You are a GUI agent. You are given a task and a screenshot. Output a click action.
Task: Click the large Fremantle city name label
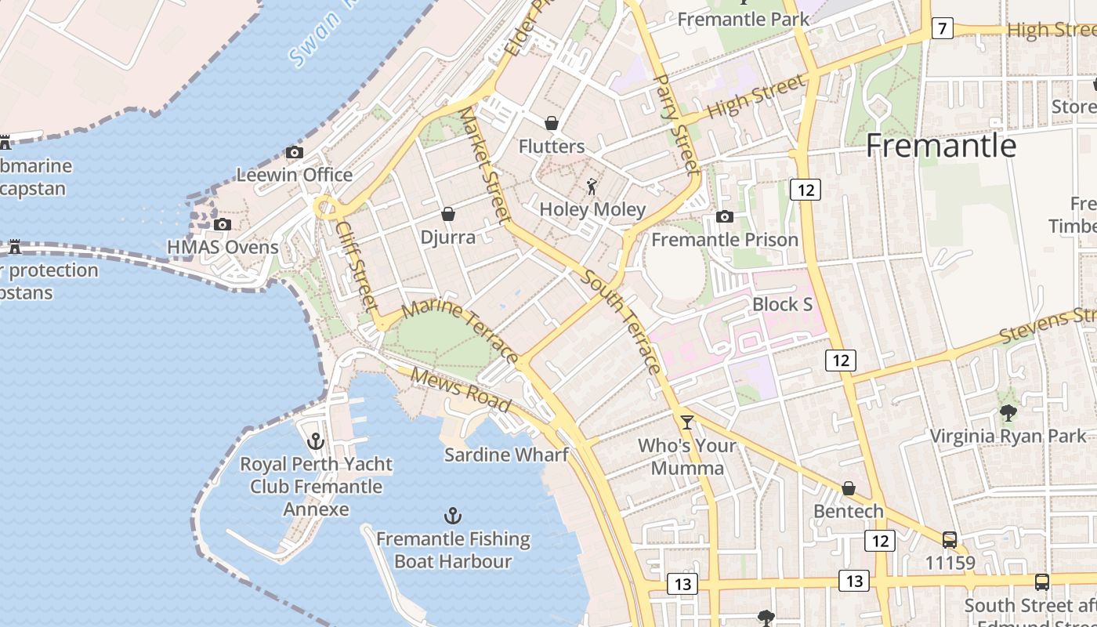tap(941, 147)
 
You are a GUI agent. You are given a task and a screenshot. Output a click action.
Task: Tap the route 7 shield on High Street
tap(942, 29)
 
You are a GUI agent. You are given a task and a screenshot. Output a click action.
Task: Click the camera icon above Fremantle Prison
tap(725, 216)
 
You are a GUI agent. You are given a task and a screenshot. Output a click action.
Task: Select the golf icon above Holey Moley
tap(592, 187)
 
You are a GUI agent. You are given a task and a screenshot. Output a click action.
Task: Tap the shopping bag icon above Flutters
tap(552, 123)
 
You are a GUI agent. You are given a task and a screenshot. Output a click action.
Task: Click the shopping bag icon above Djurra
tap(448, 214)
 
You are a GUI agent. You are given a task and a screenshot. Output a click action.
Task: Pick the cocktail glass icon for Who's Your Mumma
tap(687, 422)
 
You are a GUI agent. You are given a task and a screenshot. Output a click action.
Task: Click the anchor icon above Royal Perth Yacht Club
tap(316, 441)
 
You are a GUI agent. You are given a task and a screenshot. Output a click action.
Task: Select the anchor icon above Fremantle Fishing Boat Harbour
tap(453, 516)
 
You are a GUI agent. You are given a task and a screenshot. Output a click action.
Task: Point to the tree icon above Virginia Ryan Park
tap(1008, 413)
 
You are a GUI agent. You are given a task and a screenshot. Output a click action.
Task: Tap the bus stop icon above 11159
tap(950, 540)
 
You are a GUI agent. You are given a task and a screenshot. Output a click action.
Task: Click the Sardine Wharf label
tap(506, 455)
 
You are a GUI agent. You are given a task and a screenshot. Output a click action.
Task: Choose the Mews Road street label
tap(461, 390)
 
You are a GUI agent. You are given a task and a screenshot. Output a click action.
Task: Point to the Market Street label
tap(484, 165)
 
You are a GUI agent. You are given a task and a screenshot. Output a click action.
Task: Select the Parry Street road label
tap(675, 124)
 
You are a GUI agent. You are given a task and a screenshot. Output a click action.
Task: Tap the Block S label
tap(782, 304)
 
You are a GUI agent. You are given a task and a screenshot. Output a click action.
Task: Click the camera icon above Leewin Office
tap(295, 152)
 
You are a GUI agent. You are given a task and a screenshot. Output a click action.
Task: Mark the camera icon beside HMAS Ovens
tap(223, 225)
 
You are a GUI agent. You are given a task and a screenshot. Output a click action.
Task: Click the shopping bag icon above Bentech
tap(848, 489)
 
